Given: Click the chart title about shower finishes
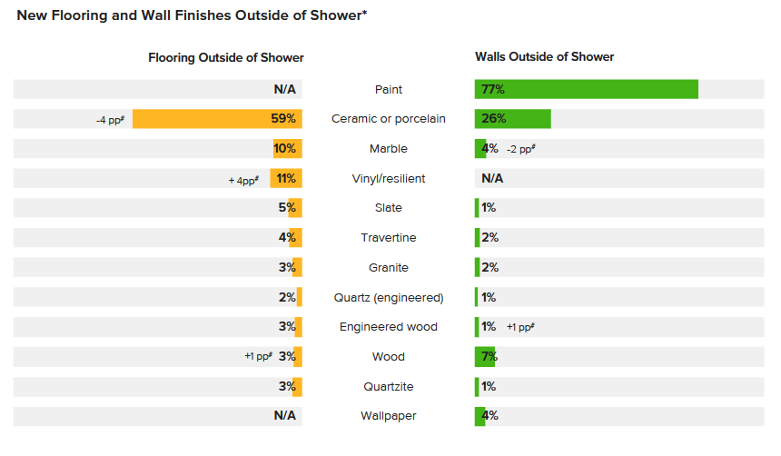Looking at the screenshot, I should click(192, 15).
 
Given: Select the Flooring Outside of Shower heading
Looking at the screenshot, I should click(226, 57).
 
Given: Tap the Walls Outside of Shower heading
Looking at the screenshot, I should click(544, 56).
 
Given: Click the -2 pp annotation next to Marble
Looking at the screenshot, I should click(520, 149).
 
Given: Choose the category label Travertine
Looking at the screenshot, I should click(388, 238).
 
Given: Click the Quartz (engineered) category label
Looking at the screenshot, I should click(388, 297).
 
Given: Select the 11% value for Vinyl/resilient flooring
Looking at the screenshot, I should click(286, 178).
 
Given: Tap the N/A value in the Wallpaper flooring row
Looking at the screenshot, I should click(285, 416).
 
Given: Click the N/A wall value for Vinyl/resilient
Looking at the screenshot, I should click(491, 178).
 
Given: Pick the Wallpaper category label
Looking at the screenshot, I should click(388, 416).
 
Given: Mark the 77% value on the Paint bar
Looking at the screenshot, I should click(493, 89).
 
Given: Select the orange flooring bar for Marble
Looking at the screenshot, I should click(288, 149).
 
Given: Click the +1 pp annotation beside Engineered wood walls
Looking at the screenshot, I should click(520, 327).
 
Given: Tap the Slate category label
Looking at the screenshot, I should click(388, 208).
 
